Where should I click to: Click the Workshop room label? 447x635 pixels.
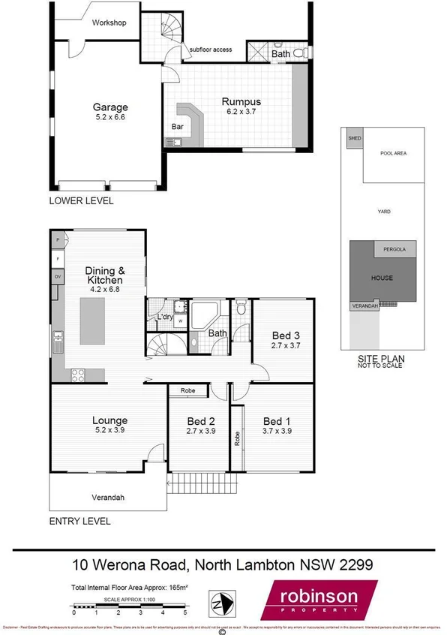109,23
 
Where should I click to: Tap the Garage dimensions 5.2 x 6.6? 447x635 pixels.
109,118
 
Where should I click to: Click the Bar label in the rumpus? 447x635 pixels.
178,128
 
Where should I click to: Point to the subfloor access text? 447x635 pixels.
211,50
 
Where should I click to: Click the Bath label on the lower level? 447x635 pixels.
280,54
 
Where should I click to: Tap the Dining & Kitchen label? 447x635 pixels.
104,275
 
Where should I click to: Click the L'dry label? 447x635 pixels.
165,317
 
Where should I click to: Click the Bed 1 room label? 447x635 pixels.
277,421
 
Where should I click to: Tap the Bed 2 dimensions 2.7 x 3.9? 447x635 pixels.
200,432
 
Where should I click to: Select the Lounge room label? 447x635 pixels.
109,420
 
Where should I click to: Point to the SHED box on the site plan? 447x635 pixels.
352,138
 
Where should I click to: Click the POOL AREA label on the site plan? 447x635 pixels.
393,153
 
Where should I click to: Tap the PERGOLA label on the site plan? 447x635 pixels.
394,248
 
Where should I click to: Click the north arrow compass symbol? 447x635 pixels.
220,603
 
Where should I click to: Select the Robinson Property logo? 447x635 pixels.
318,600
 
